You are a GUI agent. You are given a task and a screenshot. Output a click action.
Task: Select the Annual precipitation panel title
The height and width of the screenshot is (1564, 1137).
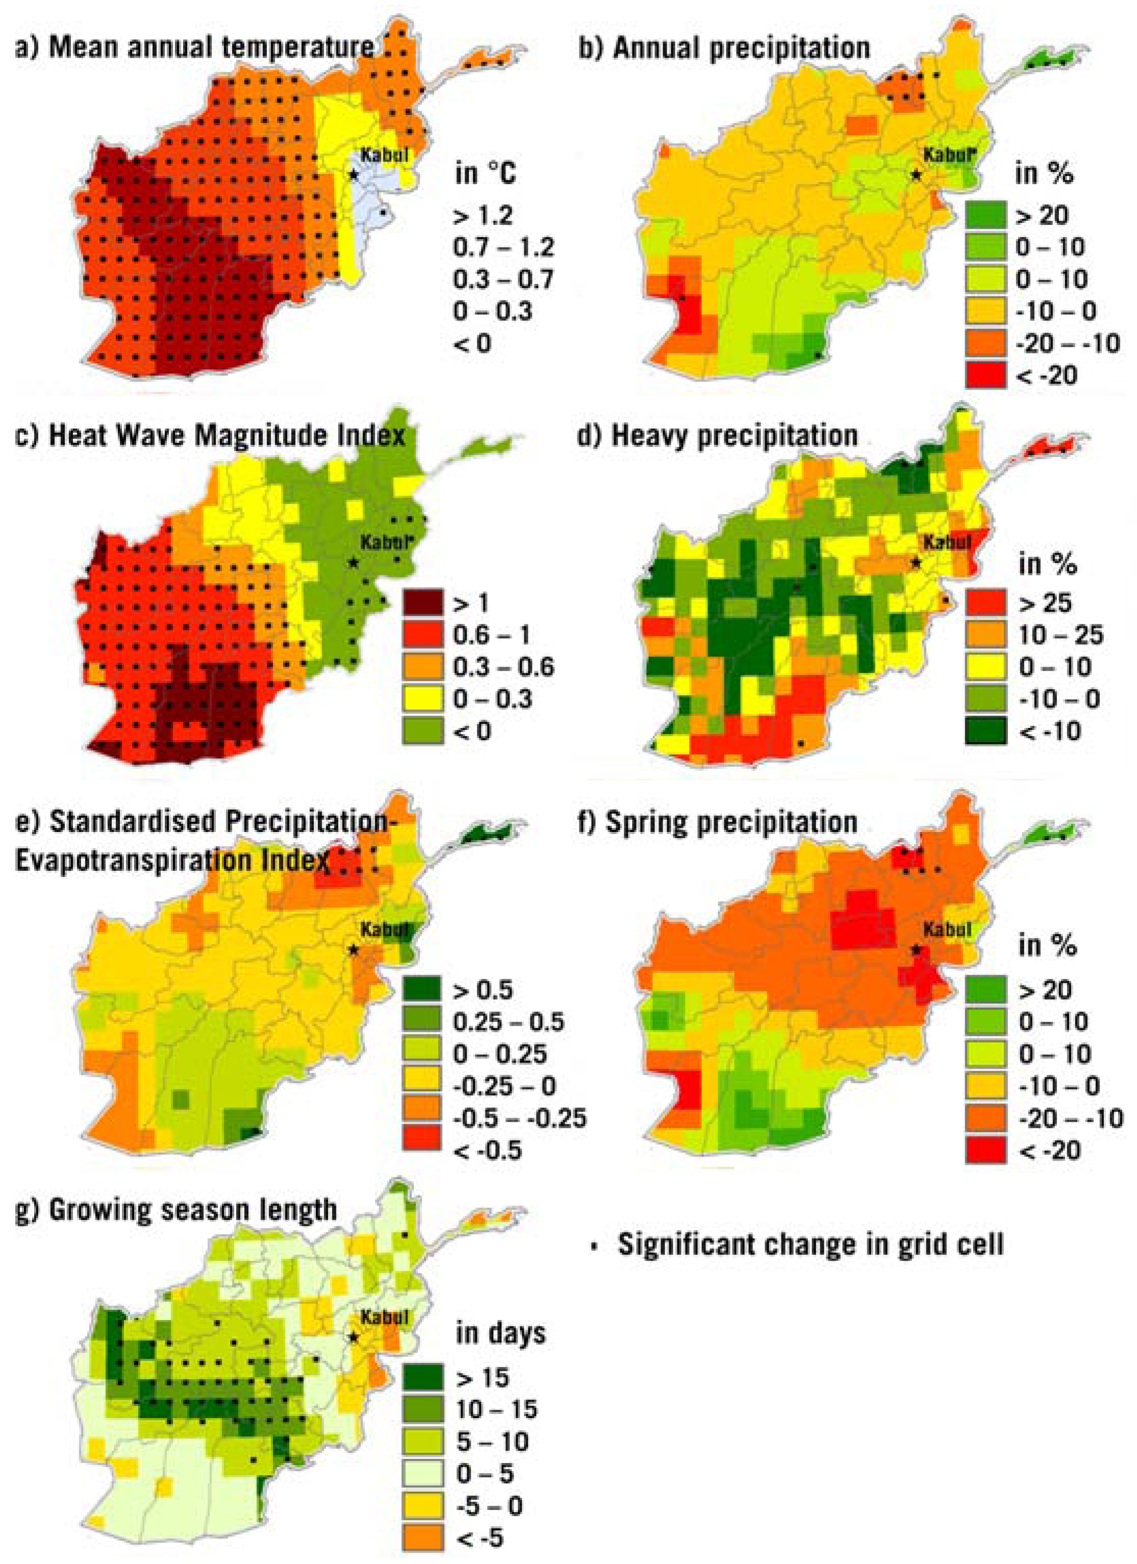click(x=724, y=47)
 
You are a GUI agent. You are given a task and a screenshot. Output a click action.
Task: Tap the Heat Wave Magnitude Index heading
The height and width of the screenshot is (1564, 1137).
click(x=210, y=436)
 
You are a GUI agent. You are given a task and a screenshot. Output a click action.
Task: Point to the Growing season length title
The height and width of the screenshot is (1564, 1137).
click(x=176, y=1210)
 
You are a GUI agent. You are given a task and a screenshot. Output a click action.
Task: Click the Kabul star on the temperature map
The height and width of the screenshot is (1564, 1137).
click(x=353, y=174)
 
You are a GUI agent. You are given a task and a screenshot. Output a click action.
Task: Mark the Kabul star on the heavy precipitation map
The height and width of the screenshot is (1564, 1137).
click(x=916, y=563)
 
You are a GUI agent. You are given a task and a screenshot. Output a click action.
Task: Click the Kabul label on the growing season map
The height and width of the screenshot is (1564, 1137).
click(x=384, y=1317)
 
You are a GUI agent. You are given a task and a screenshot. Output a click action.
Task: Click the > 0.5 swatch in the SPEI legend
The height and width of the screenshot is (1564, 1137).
click(x=422, y=990)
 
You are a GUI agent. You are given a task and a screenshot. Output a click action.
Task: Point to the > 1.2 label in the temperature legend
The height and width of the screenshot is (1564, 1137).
click(x=483, y=216)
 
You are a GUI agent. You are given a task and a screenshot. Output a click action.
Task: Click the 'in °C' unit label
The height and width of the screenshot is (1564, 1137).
click(x=486, y=173)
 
